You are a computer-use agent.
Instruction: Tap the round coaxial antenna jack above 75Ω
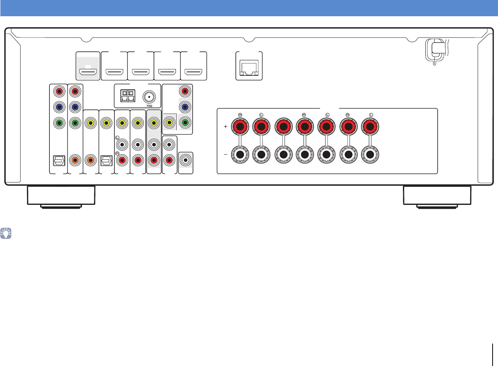click(148, 96)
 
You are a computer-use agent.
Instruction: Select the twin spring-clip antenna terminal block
click(128, 96)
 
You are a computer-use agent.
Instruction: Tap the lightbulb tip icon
click(7, 233)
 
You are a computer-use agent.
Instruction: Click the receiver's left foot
click(61, 196)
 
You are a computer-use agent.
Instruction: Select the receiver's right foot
click(437, 196)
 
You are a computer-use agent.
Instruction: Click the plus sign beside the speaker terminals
click(225, 126)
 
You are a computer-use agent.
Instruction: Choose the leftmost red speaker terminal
click(240, 126)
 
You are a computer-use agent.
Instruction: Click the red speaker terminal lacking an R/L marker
click(283, 126)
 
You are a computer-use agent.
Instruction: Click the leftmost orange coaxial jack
click(75, 159)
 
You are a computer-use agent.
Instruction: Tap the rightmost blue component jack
click(185, 107)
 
